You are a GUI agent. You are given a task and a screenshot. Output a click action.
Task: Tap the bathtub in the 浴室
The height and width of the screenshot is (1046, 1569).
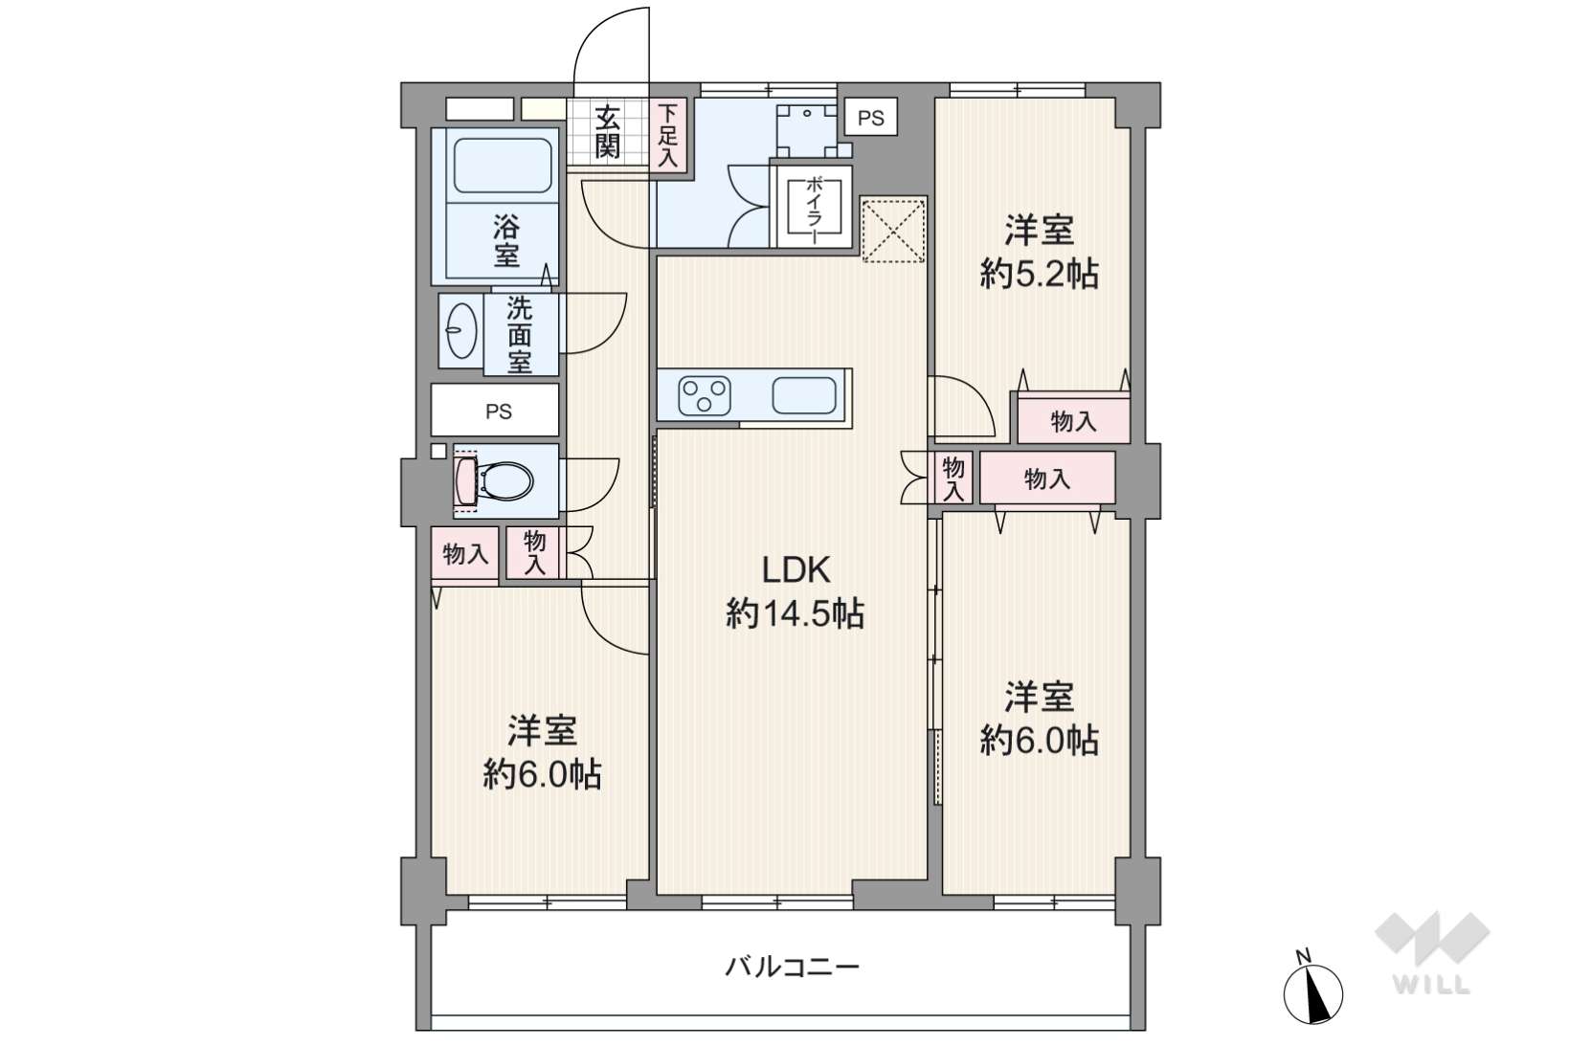pos(503,166)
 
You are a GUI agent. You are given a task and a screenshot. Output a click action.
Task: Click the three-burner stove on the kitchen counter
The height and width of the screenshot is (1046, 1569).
pos(705,396)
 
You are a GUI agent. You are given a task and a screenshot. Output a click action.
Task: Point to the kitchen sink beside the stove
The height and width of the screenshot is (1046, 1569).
pos(804,395)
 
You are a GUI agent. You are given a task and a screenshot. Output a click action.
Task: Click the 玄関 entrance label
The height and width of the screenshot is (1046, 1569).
pos(607,132)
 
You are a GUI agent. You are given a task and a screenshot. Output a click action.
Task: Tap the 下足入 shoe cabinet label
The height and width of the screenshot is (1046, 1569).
pos(669,136)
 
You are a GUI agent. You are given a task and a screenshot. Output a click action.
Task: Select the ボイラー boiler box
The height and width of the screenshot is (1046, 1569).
pos(814,207)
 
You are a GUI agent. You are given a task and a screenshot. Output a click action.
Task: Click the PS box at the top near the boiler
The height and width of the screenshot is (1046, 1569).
pos(870,118)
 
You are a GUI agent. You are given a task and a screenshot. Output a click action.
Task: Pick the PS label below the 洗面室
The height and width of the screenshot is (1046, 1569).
pos(499,411)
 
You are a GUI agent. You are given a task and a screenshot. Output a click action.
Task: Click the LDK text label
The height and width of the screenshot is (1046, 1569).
pos(796,570)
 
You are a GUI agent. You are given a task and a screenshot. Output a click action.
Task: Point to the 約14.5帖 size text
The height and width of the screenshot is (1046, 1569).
pos(796,614)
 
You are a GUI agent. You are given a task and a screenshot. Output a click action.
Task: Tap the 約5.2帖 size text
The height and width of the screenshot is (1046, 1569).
pos(1039,274)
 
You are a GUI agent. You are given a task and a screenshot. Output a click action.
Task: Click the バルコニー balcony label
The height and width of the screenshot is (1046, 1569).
pos(792,968)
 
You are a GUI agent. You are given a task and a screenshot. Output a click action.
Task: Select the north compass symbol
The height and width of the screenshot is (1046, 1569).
pos(1312,993)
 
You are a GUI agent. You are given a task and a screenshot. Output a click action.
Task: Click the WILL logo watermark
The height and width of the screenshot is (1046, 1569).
pos(1432,952)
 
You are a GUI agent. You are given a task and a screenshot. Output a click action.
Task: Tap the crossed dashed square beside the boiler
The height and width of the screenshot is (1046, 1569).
pos(894,231)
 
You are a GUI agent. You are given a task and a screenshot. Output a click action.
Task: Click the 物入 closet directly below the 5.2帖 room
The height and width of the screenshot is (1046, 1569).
pos(1073,421)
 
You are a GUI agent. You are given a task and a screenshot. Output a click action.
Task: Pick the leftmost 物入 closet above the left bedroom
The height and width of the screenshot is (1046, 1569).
pos(464,554)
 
